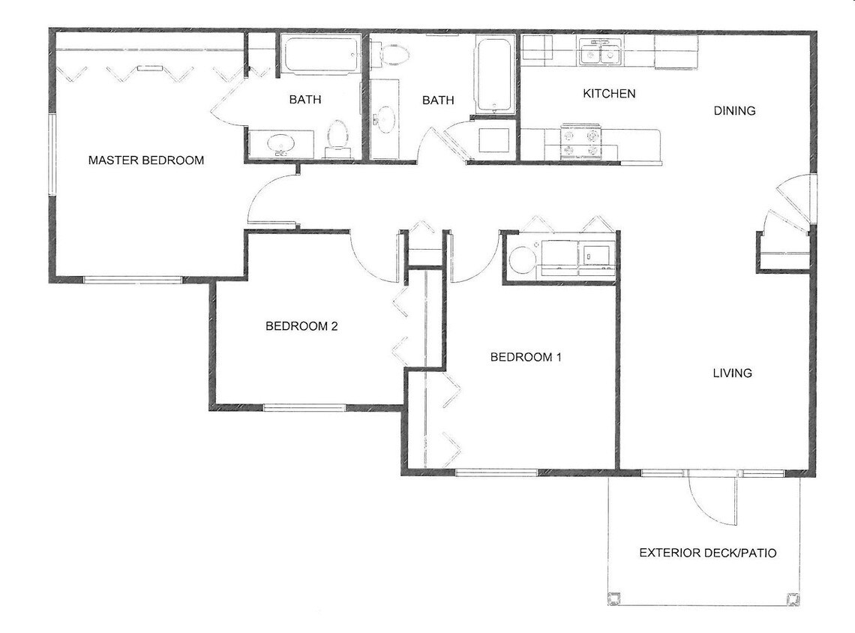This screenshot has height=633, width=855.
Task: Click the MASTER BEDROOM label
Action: tap(145, 160)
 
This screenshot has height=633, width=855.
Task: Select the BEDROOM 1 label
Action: tap(525, 357)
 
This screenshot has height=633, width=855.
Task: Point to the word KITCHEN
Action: tap(609, 94)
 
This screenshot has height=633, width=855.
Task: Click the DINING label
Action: tap(733, 111)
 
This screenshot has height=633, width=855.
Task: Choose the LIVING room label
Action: tap(732, 373)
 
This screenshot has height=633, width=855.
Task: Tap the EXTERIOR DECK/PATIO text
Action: tap(707, 553)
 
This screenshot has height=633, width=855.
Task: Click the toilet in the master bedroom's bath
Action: tap(339, 139)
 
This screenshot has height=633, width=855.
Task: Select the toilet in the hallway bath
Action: tap(393, 53)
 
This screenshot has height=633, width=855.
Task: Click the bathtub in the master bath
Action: tap(321, 55)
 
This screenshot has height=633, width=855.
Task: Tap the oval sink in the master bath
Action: tap(281, 142)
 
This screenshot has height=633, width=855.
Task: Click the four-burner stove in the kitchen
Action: tap(581, 142)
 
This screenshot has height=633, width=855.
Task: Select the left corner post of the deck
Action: tap(615, 598)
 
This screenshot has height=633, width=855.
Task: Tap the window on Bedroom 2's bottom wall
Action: tap(304, 408)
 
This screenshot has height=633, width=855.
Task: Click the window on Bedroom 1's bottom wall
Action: tap(496, 472)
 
